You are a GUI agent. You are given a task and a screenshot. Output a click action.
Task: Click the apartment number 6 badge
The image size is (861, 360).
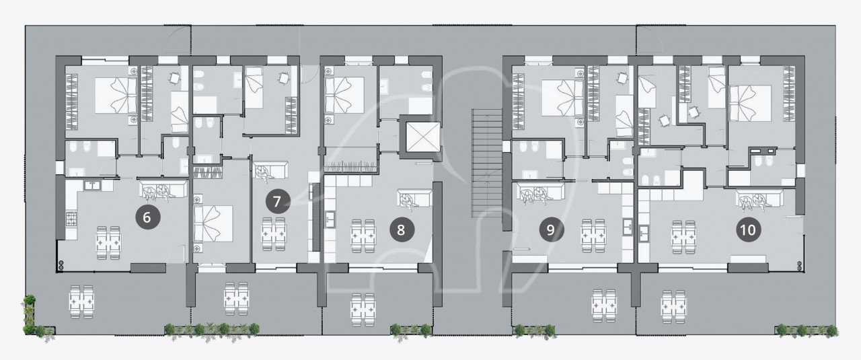(x=147, y=217)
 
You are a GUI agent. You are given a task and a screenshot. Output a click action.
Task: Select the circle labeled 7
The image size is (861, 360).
(x=278, y=201)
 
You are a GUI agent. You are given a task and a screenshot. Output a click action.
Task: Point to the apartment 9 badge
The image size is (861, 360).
(x=551, y=229)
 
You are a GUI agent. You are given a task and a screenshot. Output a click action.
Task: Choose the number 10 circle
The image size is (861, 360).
(x=749, y=229)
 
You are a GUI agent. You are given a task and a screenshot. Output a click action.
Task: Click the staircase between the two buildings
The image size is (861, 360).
(x=487, y=163)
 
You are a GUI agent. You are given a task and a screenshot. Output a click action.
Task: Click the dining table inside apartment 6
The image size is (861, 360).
(x=108, y=243)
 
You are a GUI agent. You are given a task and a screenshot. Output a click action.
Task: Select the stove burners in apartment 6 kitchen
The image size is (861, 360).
(x=71, y=219)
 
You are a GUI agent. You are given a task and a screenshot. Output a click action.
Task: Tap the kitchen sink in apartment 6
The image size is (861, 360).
(x=92, y=186)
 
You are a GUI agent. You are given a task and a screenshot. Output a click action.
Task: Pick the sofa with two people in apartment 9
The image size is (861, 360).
(x=540, y=192)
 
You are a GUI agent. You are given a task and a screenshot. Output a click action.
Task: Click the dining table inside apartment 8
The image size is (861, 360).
(x=363, y=236)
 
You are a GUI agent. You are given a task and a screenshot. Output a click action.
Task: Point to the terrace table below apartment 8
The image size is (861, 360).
(x=363, y=310)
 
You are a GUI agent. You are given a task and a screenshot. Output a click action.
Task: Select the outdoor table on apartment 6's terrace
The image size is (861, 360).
(x=81, y=301)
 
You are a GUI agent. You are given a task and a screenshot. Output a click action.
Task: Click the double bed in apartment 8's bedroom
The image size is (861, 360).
(x=344, y=95)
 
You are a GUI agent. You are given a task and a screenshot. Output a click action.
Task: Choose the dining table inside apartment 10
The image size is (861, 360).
(x=684, y=237)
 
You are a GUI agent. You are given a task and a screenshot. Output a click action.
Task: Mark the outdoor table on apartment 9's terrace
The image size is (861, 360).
(x=604, y=305)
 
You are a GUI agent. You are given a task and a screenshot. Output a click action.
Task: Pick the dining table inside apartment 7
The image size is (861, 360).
(x=274, y=234)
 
